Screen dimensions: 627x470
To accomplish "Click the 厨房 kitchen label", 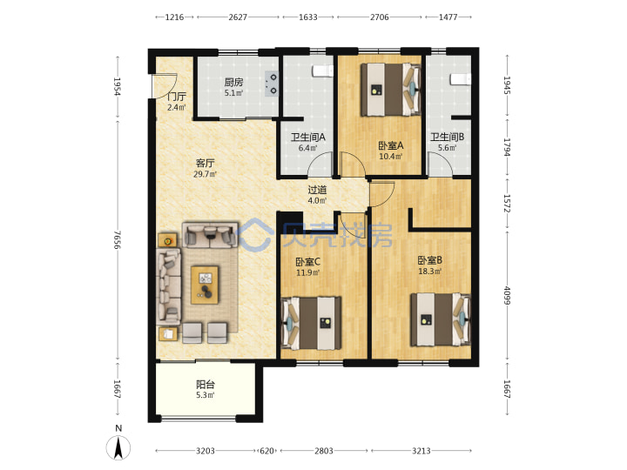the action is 233,83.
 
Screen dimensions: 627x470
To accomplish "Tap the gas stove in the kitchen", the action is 272,84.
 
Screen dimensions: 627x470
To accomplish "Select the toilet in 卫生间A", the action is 323,70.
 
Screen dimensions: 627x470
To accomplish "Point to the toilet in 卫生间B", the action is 461,79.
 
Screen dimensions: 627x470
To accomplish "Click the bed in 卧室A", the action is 391,90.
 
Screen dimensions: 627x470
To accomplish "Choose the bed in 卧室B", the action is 441,319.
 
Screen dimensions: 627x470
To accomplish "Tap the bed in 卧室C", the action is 312,323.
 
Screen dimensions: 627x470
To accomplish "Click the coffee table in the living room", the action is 205,285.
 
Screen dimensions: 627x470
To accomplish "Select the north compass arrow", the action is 118,448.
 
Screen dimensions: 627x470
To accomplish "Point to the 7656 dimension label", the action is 117,240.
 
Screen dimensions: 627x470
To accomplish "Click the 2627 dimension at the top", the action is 238,17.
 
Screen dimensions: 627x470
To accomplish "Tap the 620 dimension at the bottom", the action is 266,451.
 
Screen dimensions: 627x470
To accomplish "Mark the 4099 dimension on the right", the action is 507,295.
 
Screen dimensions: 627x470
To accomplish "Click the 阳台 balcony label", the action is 206,385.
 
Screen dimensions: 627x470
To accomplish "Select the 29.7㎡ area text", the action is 205,174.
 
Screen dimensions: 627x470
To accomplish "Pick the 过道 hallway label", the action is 317,190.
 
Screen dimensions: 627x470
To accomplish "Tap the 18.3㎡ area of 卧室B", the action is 430,272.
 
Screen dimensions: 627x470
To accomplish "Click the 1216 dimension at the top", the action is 174,17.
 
